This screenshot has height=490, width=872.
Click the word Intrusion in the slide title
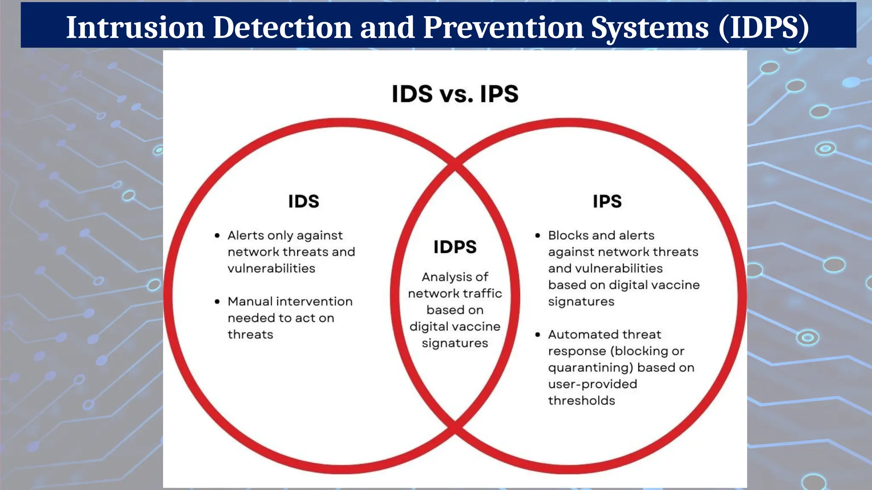click(135, 27)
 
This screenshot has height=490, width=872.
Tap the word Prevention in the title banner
click(503, 27)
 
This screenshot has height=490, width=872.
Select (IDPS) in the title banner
click(764, 27)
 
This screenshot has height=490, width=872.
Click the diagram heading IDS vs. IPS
click(455, 94)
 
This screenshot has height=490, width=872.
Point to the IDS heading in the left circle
click(304, 201)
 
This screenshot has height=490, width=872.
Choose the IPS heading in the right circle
click(607, 201)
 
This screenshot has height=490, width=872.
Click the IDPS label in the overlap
click(455, 247)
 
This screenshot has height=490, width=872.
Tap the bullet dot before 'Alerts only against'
click(217, 236)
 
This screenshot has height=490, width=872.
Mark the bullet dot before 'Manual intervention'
click(217, 302)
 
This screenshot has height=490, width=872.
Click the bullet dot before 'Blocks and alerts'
click(538, 236)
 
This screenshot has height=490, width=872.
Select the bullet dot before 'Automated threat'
click(538, 335)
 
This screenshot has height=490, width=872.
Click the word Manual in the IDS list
click(250, 302)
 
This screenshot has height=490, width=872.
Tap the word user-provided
click(592, 384)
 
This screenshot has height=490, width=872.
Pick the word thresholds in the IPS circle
click(581, 401)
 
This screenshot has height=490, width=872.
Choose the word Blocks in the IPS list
click(568, 235)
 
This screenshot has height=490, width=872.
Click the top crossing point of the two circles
click(455, 163)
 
